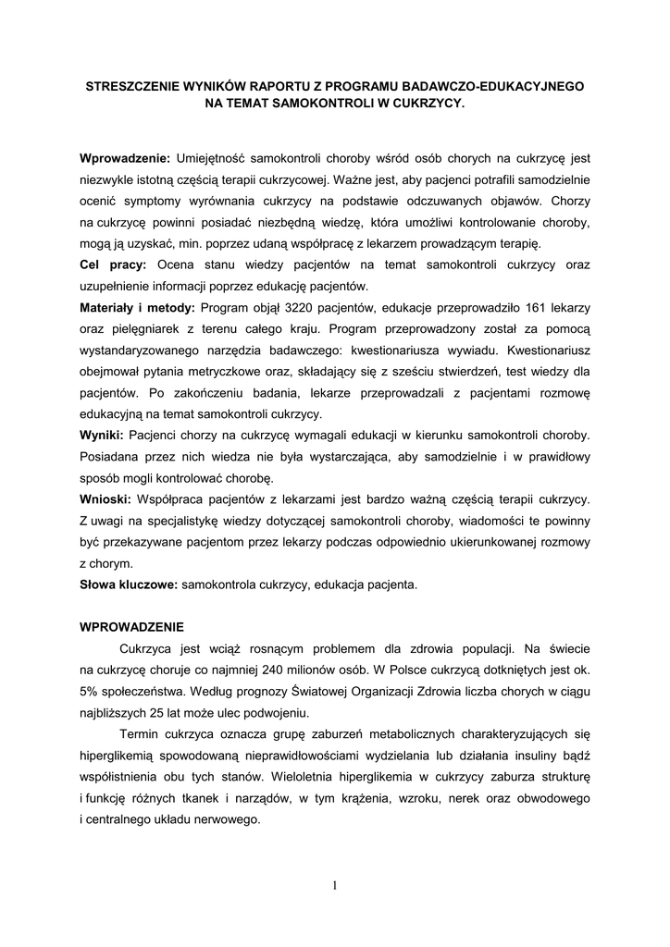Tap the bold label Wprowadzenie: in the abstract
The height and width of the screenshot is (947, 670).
click(x=125, y=158)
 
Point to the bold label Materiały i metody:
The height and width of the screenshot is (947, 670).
click(x=138, y=307)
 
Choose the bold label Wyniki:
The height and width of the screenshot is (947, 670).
click(x=103, y=435)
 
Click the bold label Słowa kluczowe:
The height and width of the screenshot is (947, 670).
click(x=130, y=584)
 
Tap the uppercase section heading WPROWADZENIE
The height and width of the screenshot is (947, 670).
click(x=132, y=627)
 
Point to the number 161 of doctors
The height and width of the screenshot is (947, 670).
click(x=532, y=307)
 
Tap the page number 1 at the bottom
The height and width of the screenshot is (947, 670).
click(x=335, y=886)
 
